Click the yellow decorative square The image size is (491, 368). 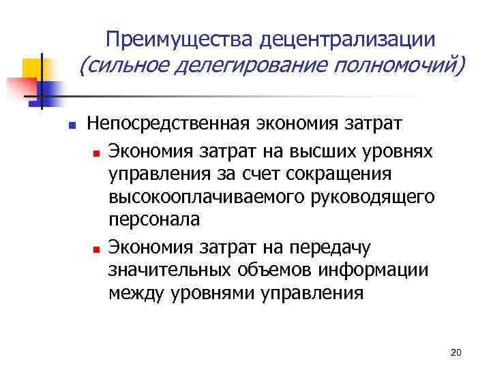(33, 70)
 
